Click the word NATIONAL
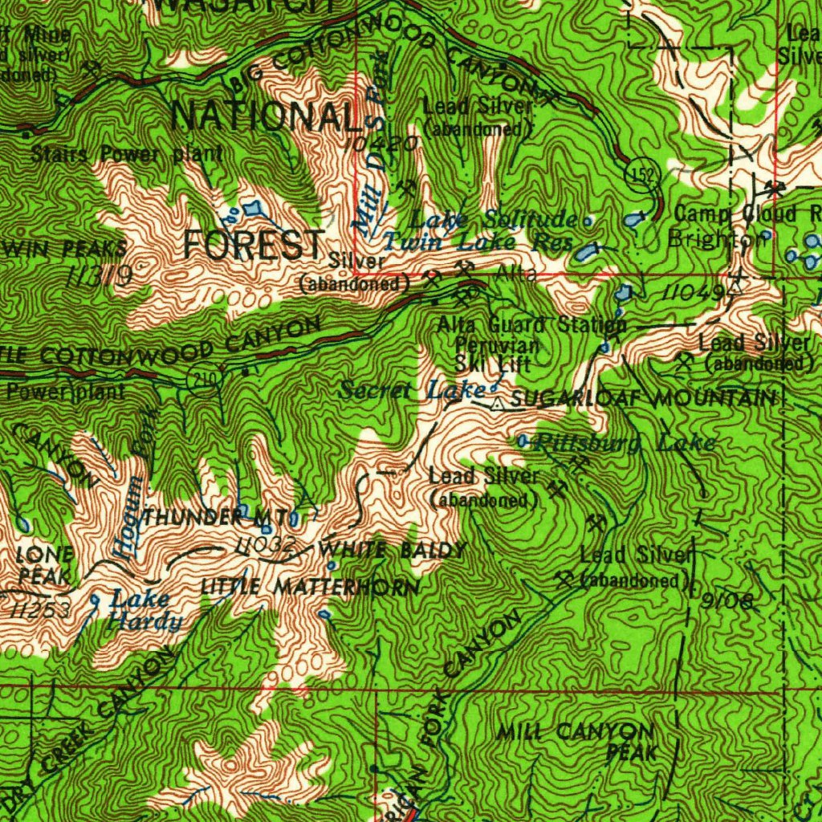(x=266, y=117)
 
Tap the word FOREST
(x=254, y=245)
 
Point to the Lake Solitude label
(x=493, y=219)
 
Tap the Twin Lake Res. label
(x=477, y=242)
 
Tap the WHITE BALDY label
(x=393, y=551)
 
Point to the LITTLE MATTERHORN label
(x=309, y=588)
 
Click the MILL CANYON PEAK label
(x=586, y=741)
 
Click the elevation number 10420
(x=384, y=144)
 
